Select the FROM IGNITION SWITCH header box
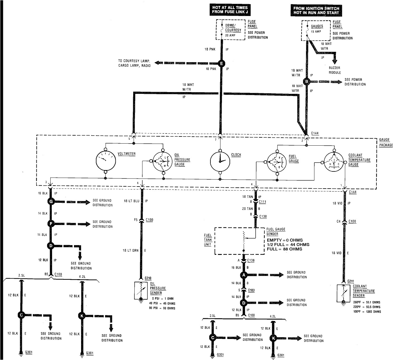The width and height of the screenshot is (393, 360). (316, 10)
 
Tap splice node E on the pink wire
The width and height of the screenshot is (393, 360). (221, 63)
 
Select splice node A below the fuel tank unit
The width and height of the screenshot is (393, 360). (244, 275)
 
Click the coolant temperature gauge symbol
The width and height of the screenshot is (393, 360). (334, 162)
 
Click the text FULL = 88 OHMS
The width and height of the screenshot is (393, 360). (284, 249)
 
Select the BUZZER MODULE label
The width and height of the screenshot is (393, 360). (335, 70)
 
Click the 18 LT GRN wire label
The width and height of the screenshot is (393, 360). (131, 250)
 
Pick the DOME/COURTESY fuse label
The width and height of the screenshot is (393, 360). (233, 28)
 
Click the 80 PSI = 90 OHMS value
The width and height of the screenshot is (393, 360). (162, 308)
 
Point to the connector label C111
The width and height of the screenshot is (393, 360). (262, 202)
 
